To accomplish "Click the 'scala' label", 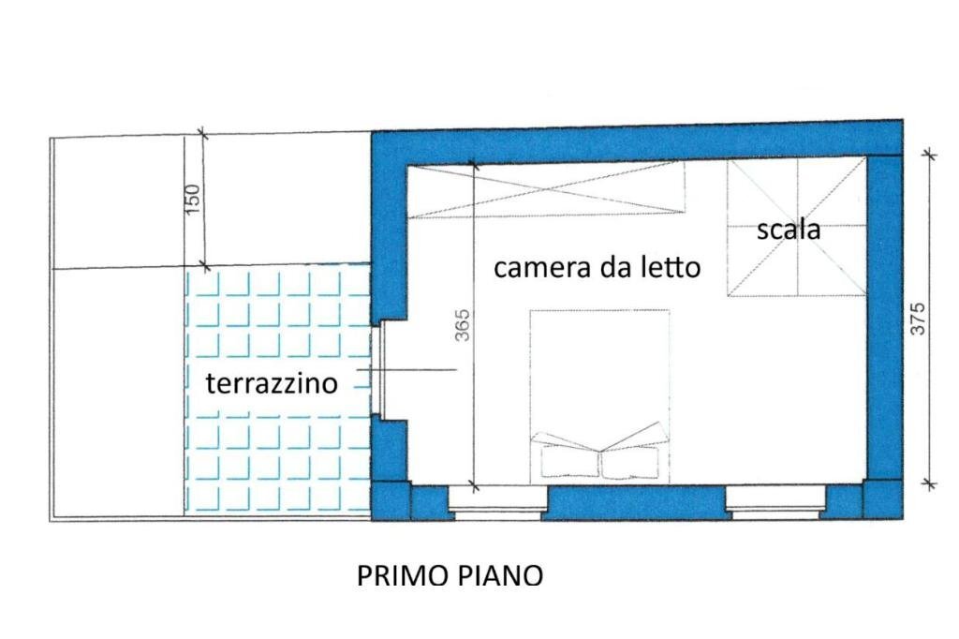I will pos(789,230).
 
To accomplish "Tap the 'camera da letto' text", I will pos(597,268).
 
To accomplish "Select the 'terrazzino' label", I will pos(272,382).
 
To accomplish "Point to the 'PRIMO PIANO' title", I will pos(450,575).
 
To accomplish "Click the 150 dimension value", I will pos(193,200).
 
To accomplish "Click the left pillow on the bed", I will pos(569,462).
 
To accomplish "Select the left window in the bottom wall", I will pos(495,502).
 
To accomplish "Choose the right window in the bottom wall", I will pos(774,502).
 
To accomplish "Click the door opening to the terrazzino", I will pos(378,370).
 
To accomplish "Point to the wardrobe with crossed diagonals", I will pos(546,189).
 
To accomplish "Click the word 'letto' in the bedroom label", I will pos(667,268).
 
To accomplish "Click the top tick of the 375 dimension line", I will pos(928,153).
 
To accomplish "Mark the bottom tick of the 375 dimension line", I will pos(928,484).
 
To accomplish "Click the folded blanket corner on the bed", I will pos(599,440).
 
